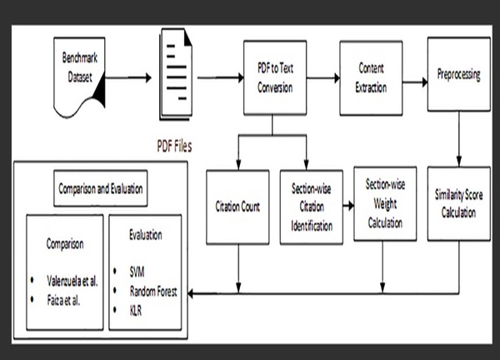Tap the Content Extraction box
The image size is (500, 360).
pos(369,77)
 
